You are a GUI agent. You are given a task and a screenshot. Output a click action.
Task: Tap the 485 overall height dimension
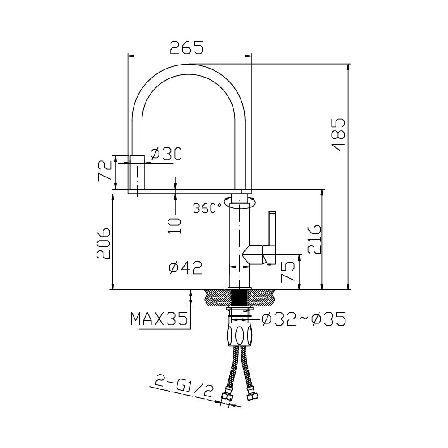[339, 134]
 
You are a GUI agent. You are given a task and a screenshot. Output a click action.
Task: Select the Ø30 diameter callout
[166, 154]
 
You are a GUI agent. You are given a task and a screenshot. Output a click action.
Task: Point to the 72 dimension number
[104, 171]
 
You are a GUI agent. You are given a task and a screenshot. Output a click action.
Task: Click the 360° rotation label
[207, 208]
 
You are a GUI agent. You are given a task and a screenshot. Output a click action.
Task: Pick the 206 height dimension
[103, 243]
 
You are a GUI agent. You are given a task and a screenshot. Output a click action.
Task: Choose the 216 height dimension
[314, 239]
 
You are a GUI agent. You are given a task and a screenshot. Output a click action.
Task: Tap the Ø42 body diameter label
[185, 268]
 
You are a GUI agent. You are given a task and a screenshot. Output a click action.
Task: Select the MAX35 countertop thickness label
[159, 319]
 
